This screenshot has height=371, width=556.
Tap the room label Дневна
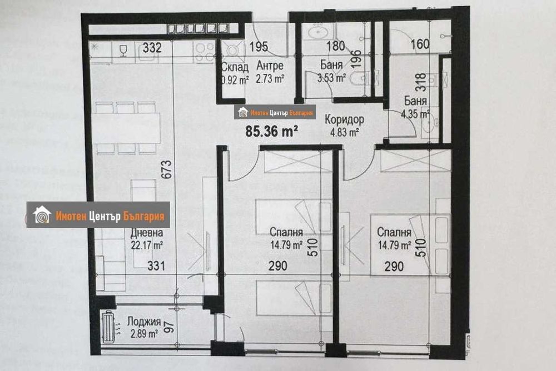tap(147, 233)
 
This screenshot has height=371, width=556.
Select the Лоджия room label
tap(143, 322)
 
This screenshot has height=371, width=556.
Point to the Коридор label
tap(345, 119)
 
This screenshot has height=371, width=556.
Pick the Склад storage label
tap(234, 66)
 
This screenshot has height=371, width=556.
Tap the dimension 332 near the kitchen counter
tap(152, 48)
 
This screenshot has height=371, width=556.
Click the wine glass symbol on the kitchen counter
tap(123, 51)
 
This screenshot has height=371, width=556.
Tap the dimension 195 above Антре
tap(259, 46)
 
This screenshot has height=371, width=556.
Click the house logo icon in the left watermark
tap(42, 215)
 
